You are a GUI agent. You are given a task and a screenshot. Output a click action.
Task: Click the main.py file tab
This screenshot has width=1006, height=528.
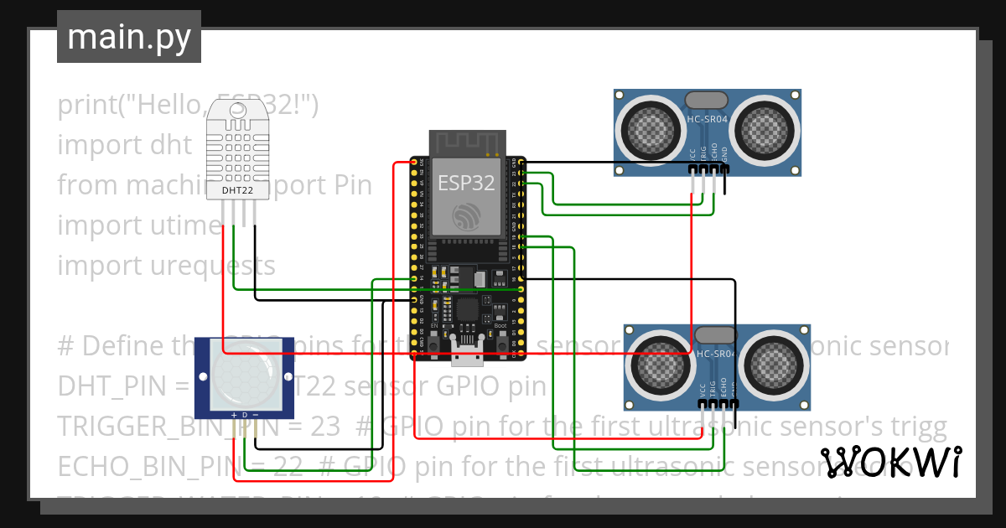coord(128,38)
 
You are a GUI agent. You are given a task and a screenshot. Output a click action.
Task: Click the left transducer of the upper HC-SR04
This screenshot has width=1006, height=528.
coord(651,130)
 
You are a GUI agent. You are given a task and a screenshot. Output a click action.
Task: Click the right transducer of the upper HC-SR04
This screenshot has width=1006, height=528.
coord(765,130)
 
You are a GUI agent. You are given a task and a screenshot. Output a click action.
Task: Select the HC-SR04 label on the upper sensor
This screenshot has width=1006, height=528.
coord(708,119)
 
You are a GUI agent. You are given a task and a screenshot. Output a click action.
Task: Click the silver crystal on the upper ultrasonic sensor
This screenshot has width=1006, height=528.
coord(708,100)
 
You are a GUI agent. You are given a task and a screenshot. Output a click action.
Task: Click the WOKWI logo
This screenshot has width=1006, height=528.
coord(890,462)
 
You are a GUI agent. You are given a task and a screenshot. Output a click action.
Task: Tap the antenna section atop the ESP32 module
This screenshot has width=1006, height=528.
coord(468,142)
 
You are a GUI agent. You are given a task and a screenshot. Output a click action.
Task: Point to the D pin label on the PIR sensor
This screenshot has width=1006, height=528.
coord(244,414)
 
